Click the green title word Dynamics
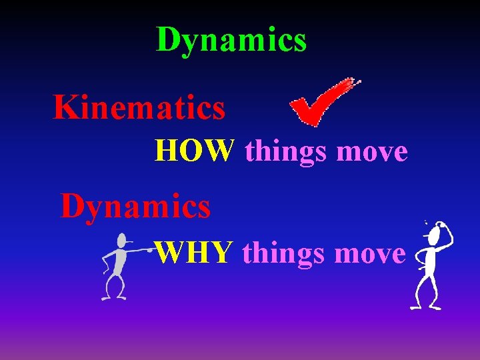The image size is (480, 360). (231, 39)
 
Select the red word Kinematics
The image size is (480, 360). (139, 108)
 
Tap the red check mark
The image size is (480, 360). (319, 104)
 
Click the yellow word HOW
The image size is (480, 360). (194, 151)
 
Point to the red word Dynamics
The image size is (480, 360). (136, 206)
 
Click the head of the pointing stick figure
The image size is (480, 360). (121, 241)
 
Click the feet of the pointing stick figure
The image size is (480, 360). (113, 297)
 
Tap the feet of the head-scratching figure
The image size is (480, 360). (425, 307)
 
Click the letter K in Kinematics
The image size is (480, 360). (65, 108)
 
